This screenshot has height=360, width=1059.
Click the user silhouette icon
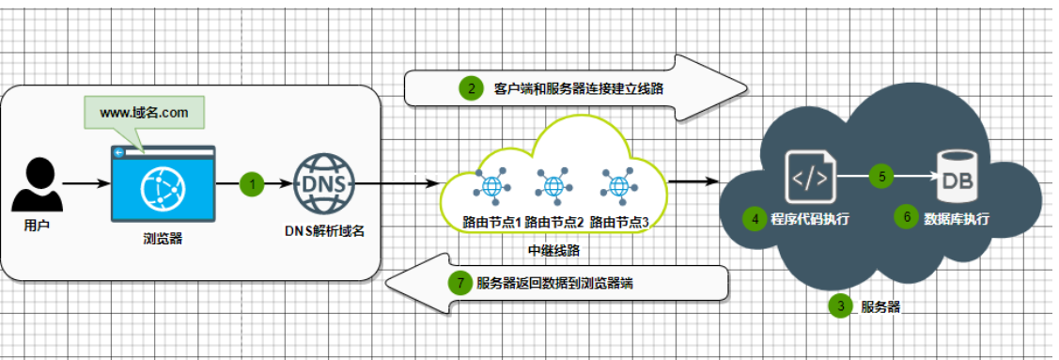(39, 184)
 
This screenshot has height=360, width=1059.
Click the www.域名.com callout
(144, 113)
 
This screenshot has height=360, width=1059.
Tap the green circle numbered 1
(252, 183)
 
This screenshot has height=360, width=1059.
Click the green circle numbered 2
(469, 90)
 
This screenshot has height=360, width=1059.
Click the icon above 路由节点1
(491, 185)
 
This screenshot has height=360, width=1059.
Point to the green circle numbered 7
(459, 282)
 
